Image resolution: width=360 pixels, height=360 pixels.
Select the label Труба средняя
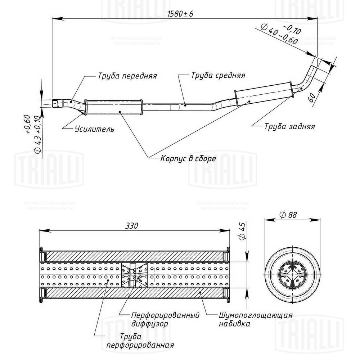218,76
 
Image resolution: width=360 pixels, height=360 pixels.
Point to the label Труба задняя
289,126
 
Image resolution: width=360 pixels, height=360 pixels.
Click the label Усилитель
94,129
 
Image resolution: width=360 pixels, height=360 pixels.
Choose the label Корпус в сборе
188,158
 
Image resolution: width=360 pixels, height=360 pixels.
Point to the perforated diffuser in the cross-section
134,275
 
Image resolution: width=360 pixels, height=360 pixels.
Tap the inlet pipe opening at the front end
55,104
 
